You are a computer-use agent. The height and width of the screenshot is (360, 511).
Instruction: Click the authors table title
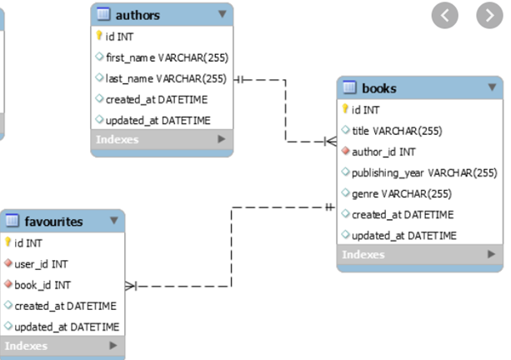coord(138,15)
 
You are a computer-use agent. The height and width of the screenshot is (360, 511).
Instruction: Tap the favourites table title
coord(53,222)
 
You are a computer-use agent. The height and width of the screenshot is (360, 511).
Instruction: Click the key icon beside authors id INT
coord(99,37)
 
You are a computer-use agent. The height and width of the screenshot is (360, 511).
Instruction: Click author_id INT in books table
coord(383,152)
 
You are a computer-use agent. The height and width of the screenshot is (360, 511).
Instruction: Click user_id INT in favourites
coord(42,264)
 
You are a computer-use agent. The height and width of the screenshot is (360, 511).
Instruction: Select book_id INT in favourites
coord(43,285)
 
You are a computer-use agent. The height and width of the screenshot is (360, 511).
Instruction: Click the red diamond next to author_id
coord(345,152)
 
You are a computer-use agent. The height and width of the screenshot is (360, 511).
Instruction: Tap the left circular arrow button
coord(446,15)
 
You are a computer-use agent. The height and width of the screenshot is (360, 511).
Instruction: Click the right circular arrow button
coord(489,15)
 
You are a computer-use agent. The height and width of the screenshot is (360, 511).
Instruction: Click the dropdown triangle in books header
coord(492,87)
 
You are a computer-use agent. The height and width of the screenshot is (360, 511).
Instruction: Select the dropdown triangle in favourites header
coord(113,221)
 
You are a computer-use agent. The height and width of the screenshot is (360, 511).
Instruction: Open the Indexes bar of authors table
coord(161,140)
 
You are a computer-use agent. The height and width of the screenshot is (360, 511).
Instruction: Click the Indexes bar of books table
coord(420,255)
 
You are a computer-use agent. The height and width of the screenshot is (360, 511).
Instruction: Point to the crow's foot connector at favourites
coord(131,286)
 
